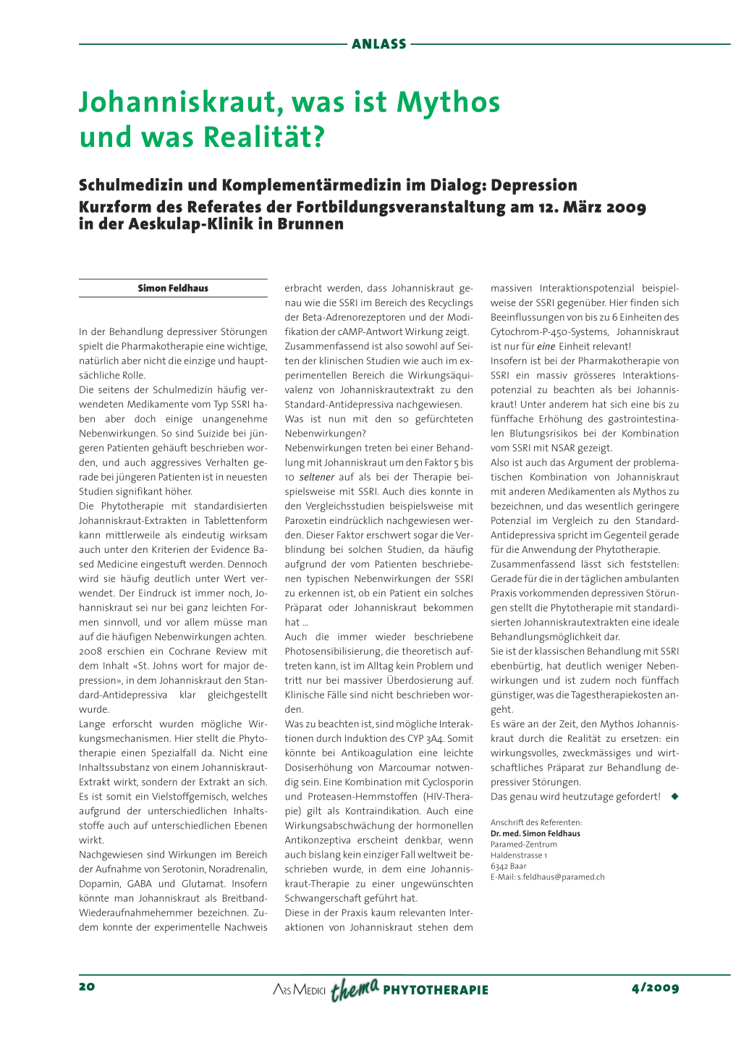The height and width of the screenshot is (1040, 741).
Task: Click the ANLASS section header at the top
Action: click(x=378, y=44)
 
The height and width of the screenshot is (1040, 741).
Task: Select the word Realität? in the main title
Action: click(x=263, y=137)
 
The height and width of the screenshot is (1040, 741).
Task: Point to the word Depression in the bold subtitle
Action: click(x=534, y=185)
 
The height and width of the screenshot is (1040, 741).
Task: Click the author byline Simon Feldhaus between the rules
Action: click(x=173, y=288)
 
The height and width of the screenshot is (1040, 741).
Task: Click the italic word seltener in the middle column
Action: click(x=316, y=477)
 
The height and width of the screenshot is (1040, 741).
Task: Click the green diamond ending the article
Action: click(x=674, y=796)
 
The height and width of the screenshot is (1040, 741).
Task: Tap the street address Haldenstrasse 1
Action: click(x=519, y=855)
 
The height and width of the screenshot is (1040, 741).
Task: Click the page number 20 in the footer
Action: click(x=87, y=987)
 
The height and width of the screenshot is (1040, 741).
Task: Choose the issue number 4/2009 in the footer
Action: click(x=655, y=988)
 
